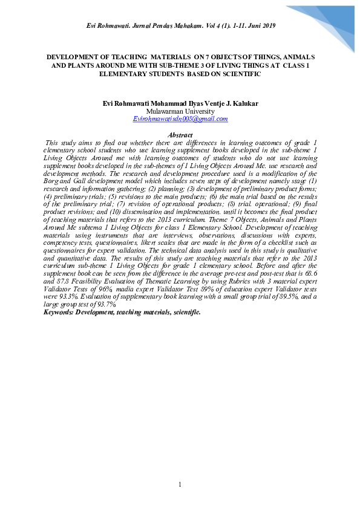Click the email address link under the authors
(180, 119)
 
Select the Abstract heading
(180, 135)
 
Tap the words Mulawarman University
(180, 111)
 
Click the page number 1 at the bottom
(180, 485)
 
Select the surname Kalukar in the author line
(244, 103)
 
